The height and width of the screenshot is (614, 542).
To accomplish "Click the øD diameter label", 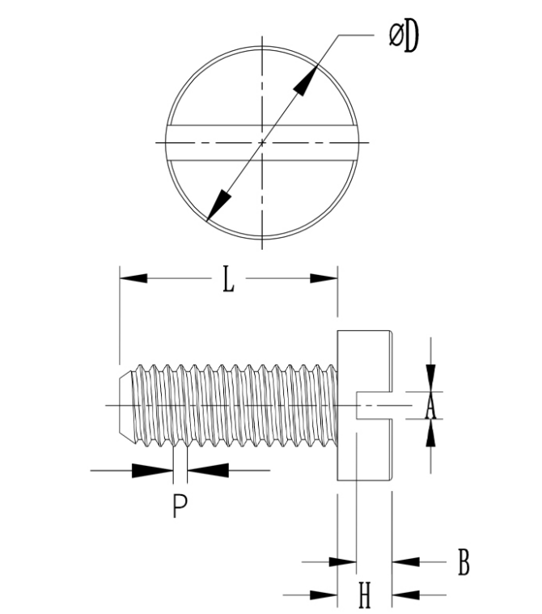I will (x=403, y=37).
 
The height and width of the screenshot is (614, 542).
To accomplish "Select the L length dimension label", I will (x=228, y=279).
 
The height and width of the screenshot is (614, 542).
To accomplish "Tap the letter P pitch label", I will (x=180, y=506).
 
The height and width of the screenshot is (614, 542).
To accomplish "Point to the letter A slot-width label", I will (x=430, y=407).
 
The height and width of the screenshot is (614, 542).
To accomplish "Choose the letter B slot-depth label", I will (x=464, y=561).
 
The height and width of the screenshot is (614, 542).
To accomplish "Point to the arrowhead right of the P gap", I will (x=206, y=469).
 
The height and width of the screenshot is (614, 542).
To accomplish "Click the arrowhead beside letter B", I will (x=404, y=561).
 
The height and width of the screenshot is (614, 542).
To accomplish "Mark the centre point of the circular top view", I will (x=262, y=143).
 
